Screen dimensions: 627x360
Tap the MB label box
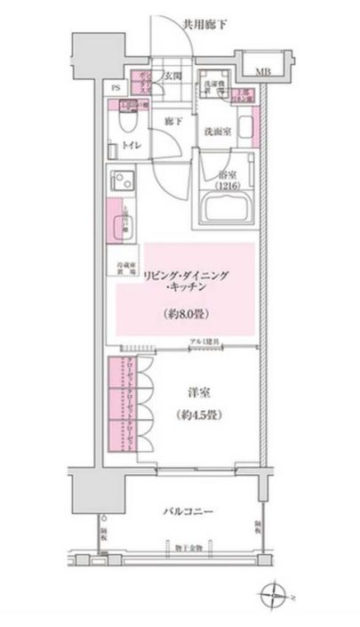click(263, 71)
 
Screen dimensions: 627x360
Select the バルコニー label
click(189, 513)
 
